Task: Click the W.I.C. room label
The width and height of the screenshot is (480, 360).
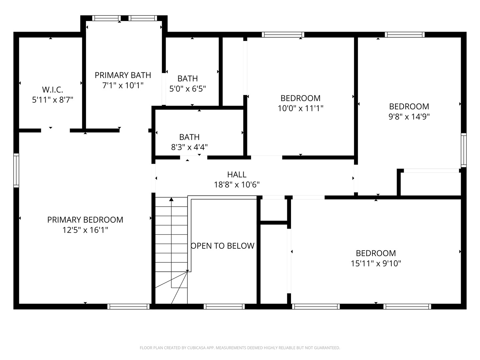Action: tap(52, 90)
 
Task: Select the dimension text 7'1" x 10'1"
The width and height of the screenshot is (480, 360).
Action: tap(123, 85)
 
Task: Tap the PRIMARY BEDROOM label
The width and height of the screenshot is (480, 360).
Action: tap(85, 220)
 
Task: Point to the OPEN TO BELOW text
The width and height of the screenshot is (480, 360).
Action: tap(223, 246)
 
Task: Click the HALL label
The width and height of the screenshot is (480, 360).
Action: tap(237, 174)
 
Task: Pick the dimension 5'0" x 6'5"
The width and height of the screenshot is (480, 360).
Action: tap(187, 89)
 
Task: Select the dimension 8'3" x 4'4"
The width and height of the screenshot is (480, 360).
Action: tap(189, 147)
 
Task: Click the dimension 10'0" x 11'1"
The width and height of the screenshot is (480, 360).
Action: tap(300, 108)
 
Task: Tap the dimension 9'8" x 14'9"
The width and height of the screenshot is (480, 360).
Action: tap(409, 117)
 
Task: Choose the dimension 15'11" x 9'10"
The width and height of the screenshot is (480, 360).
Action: tap(376, 263)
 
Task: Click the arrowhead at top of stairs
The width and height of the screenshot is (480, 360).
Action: tap(171, 199)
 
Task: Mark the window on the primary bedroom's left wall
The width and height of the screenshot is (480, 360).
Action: tap(16, 170)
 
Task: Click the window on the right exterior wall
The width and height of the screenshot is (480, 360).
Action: tap(463, 150)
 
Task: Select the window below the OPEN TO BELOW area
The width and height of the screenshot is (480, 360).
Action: tap(224, 306)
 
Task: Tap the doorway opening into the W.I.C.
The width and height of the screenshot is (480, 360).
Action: tap(55, 130)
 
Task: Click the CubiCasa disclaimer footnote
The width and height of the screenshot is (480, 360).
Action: tap(240, 348)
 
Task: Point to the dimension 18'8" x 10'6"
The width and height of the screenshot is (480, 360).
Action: tap(237, 185)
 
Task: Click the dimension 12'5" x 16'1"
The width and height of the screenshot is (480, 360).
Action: tap(85, 230)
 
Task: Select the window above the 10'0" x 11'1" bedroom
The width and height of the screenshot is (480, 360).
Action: tap(283, 34)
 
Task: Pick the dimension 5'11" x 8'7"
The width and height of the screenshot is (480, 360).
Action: tap(52, 100)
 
